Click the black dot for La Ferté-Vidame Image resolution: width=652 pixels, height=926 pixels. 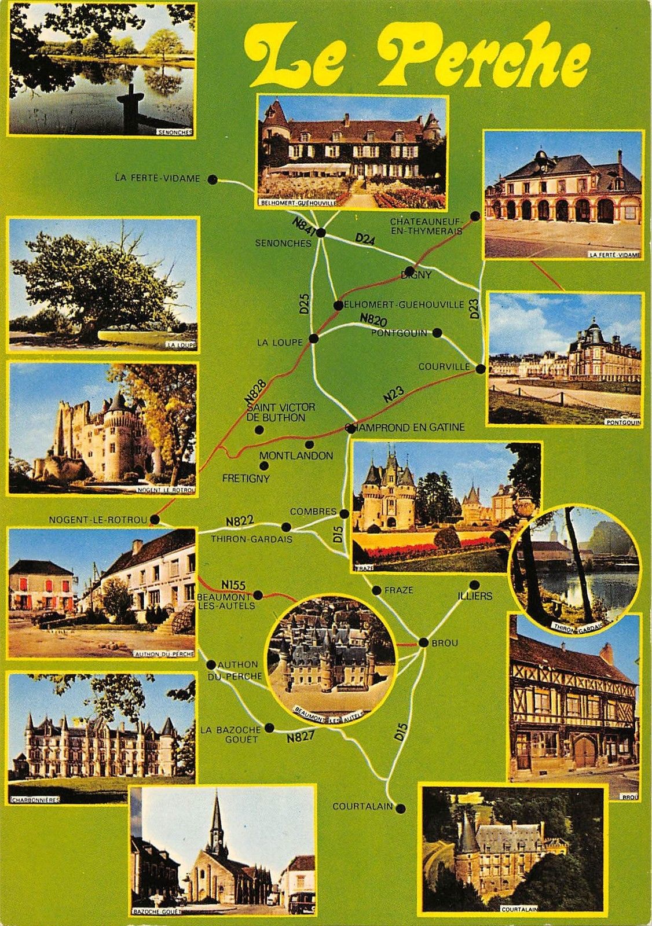point(213,179)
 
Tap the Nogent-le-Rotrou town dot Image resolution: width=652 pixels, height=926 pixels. point(155,520)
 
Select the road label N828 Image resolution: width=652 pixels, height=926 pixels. point(255,391)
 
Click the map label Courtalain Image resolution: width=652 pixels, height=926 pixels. point(362,806)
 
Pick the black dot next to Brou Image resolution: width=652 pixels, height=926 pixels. point(423,642)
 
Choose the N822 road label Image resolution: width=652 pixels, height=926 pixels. point(240,521)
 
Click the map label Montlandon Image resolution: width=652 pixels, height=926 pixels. point(296,455)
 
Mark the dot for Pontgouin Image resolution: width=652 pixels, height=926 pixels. point(437,333)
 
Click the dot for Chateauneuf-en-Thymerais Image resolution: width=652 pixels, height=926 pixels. point(475,216)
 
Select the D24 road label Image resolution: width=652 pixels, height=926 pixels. point(365,238)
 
